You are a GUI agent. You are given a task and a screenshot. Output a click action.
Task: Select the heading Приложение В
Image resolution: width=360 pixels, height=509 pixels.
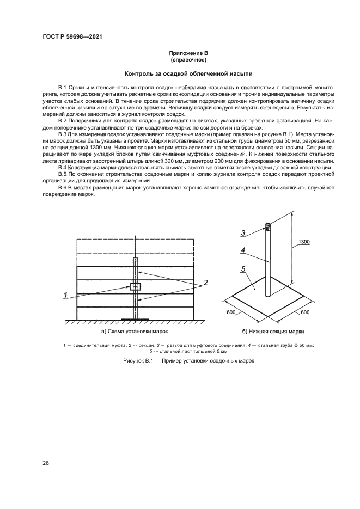click(x=188, y=53)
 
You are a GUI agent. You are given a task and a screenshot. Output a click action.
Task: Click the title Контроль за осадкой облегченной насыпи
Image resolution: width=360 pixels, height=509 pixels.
click(x=188, y=73)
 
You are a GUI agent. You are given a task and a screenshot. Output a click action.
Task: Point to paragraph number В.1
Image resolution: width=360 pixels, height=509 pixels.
click(x=62, y=87)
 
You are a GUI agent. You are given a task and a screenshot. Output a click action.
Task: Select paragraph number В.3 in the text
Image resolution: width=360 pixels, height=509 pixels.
click(x=62, y=133)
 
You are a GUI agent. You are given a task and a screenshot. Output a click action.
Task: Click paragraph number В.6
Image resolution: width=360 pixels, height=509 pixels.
click(x=62, y=188)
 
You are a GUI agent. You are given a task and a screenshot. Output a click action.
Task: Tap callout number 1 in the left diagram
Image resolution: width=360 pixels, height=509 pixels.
click(x=66, y=295)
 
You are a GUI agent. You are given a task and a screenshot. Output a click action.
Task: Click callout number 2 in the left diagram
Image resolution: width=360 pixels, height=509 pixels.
click(x=206, y=284)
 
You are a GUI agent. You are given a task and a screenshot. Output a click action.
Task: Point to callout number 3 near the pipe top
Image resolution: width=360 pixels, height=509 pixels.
click(x=244, y=232)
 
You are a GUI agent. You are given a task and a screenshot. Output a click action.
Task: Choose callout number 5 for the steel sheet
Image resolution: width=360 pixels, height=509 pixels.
click(x=244, y=268)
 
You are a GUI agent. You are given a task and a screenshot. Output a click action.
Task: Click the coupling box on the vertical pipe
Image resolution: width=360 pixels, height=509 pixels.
click(x=136, y=286)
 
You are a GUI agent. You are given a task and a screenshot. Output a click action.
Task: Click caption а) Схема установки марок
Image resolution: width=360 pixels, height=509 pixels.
click(x=135, y=331)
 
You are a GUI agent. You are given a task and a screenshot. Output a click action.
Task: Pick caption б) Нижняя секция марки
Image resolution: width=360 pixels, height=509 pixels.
click(x=273, y=331)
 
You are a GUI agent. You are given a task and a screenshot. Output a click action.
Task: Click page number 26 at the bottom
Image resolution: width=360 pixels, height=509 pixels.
click(x=46, y=463)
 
